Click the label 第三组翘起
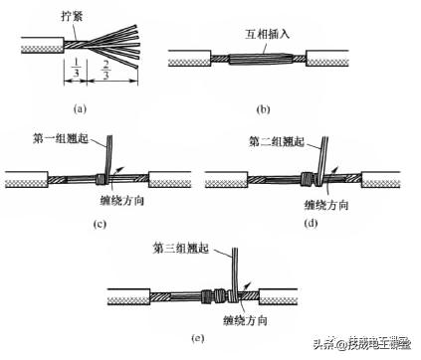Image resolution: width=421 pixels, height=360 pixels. click(182, 246)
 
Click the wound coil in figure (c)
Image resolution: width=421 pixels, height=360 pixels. click(104, 181)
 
